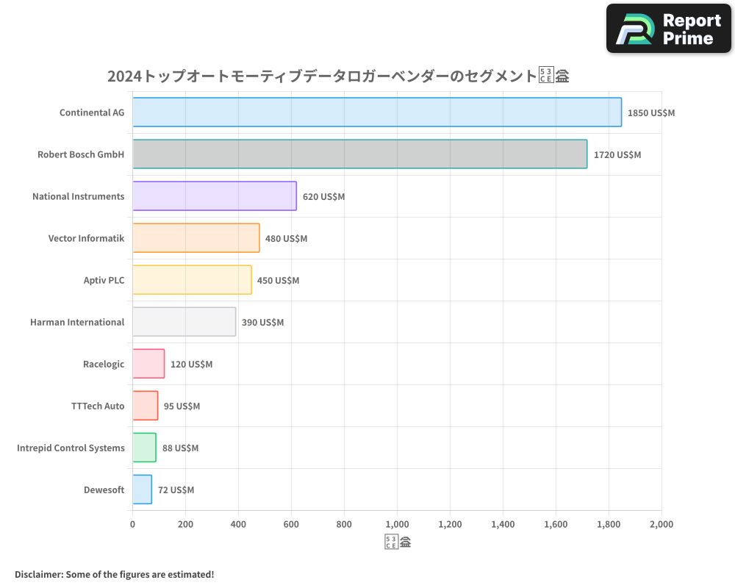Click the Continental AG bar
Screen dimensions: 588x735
[377, 112]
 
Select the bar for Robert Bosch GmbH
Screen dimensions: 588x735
[359, 154]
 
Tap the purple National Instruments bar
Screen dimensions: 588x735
[215, 196]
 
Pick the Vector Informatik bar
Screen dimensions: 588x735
[196, 238]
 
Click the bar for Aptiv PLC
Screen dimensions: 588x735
[192, 280]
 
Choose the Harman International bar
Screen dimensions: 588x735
[184, 322]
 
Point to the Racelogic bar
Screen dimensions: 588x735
[148, 364]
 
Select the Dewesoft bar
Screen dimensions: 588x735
[142, 490]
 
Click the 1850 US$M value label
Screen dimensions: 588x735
[650, 113]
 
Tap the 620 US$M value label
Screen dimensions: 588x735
[323, 197]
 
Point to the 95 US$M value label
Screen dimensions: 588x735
[182, 406]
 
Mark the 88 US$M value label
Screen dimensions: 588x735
[180, 448]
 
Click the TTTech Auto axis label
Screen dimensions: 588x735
[98, 406]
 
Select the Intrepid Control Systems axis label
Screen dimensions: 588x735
[71, 448]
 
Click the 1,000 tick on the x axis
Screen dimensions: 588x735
[397, 525]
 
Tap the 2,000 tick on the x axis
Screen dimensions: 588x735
[661, 525]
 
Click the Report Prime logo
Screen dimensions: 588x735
[668, 29]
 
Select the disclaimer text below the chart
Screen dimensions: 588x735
[114, 575]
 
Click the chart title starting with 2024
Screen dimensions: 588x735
[338, 76]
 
